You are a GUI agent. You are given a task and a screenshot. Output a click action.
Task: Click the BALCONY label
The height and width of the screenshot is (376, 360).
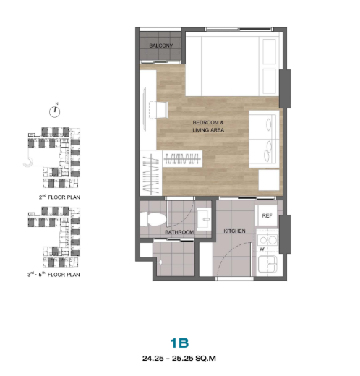tap(161, 46)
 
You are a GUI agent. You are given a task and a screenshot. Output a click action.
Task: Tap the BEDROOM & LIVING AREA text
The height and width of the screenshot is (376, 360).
tap(208, 127)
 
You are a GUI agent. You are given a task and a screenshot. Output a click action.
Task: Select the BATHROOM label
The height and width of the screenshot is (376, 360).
tap(179, 232)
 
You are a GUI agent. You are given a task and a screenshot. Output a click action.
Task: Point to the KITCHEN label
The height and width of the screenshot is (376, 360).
tap(234, 231)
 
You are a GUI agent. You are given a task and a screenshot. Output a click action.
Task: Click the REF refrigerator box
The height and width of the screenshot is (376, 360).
tap(267, 215)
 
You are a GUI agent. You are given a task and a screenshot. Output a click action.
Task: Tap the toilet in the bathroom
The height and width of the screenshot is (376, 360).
tap(153, 219)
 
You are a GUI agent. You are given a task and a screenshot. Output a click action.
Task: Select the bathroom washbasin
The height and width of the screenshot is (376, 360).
tap(204, 219)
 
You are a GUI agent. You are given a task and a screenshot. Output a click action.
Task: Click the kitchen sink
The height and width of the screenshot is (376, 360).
tap(267, 264)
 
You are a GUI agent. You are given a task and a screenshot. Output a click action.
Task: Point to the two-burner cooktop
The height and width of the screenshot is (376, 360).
tap(267, 240)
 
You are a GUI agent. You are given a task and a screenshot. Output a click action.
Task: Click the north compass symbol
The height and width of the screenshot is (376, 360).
tap(55, 112)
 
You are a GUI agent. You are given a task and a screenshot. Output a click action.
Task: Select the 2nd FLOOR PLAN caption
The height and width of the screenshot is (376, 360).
tap(59, 197)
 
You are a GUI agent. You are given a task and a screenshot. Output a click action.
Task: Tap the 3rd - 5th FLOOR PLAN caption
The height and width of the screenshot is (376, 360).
tap(53, 274)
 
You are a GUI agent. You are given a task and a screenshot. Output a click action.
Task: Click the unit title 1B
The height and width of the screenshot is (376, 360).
tap(179, 343)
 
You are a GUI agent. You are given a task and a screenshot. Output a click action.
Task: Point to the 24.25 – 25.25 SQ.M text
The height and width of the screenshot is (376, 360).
tap(179, 359)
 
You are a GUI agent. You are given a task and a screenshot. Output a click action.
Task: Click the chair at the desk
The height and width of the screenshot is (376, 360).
tap(158, 110)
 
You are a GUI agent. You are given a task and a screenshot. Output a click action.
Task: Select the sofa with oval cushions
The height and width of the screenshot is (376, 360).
tap(264, 139)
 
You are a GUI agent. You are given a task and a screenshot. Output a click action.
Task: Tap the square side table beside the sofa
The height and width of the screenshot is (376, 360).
tap(269, 180)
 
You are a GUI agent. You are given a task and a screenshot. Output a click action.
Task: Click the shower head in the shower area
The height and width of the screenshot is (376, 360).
tap(159, 262)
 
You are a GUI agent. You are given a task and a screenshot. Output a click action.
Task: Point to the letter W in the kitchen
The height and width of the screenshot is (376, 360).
tap(262, 249)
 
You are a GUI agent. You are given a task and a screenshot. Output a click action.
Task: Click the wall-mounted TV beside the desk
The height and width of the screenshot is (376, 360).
tap(145, 109)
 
